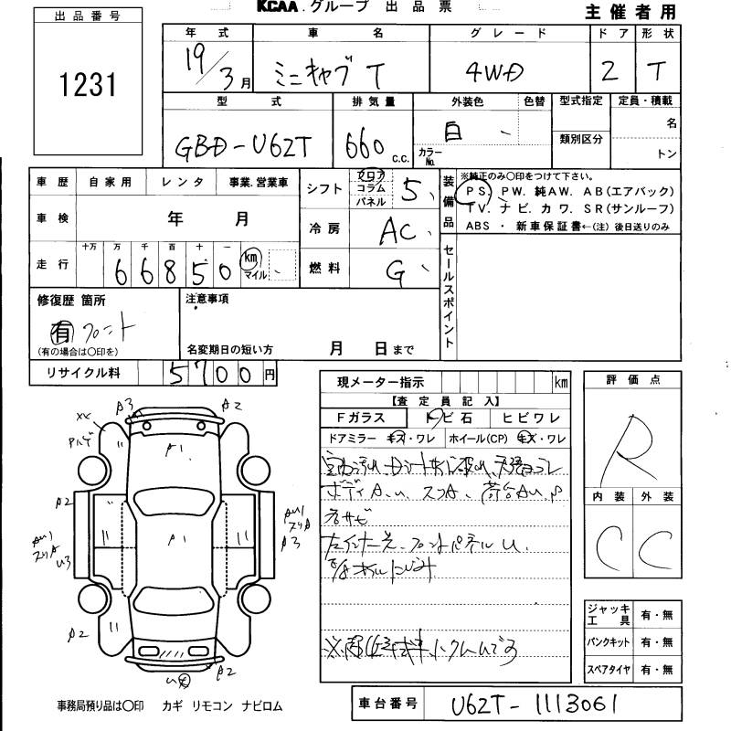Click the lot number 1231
[88, 84]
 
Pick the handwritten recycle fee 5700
[209, 374]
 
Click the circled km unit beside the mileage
[249, 260]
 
